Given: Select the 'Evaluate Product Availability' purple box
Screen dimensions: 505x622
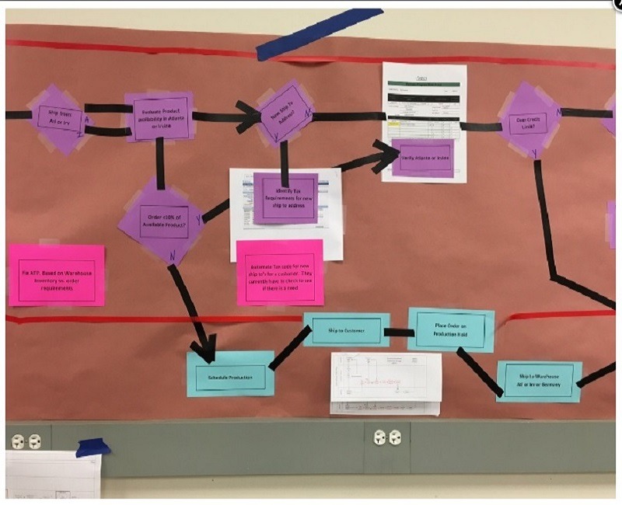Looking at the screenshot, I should [159, 117].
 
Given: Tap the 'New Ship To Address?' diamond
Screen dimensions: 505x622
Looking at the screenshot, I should [285, 114].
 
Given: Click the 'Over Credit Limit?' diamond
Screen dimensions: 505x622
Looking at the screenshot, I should [530, 120].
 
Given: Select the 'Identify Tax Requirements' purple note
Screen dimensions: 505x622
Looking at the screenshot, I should [285, 197].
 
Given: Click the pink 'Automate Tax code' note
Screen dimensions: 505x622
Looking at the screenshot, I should [279, 271].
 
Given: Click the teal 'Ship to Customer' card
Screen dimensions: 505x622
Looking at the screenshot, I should [346, 330].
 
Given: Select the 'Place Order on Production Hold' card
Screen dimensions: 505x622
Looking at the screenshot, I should [451, 329].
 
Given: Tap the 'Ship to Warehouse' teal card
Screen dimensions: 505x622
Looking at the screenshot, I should [539, 381].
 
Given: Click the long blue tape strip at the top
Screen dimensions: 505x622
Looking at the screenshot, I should [319, 35].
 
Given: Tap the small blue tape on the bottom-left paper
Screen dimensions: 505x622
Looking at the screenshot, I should [93, 447].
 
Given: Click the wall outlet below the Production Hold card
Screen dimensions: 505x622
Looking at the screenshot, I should [386, 437].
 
